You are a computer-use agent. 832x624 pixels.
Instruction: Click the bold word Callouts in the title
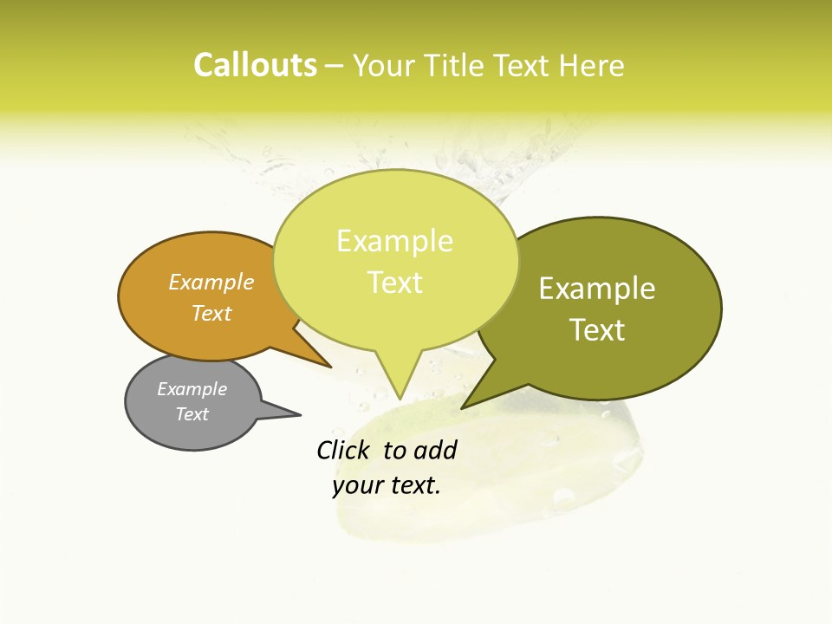(255, 65)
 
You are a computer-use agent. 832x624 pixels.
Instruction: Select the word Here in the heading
(593, 66)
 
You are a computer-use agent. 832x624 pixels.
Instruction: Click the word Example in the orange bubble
(211, 282)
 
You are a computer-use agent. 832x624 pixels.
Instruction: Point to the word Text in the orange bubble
(211, 313)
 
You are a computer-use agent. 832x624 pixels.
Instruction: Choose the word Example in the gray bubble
(192, 389)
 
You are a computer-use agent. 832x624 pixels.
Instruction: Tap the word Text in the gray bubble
(192, 414)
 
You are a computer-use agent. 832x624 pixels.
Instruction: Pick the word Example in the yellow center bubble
(394, 241)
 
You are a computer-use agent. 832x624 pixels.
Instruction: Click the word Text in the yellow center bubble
(394, 283)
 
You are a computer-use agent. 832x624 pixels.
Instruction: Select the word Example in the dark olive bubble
(597, 289)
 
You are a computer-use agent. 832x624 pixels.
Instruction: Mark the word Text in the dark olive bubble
(597, 330)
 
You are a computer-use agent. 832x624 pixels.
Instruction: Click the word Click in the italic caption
(344, 450)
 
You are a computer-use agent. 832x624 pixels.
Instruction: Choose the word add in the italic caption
(436, 450)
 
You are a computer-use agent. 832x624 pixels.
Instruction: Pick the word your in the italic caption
(355, 485)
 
